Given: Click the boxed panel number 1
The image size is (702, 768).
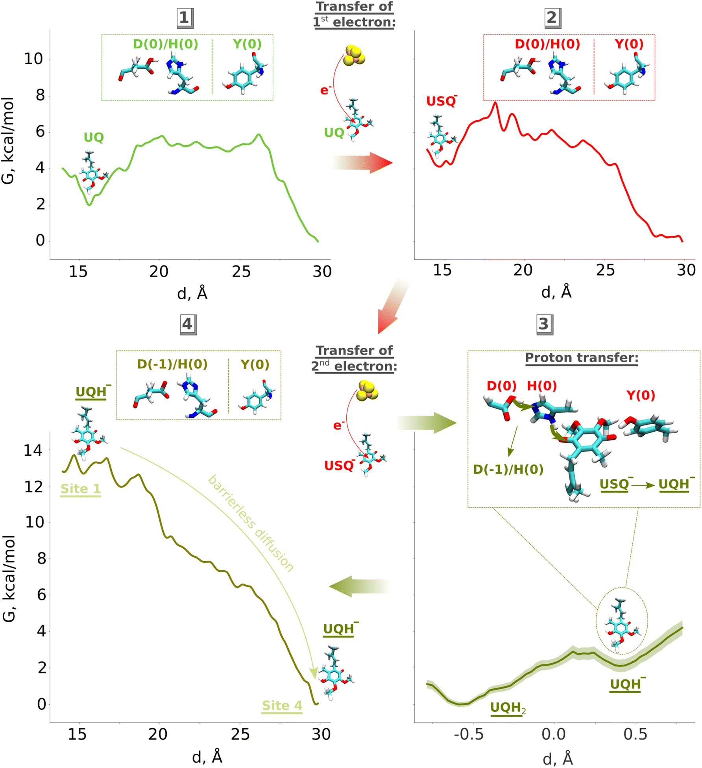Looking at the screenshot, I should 184,18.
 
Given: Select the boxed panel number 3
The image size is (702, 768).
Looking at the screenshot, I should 544,324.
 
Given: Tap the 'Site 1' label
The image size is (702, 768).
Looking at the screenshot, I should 80,489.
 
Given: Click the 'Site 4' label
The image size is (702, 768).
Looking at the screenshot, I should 282,705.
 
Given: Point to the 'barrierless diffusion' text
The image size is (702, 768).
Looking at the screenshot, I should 251,523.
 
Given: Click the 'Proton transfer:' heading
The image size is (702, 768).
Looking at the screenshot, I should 581,358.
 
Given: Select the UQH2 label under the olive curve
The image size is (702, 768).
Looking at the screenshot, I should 508,708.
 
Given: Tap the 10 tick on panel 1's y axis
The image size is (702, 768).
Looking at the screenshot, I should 33,59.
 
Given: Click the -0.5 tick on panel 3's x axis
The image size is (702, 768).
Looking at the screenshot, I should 469,735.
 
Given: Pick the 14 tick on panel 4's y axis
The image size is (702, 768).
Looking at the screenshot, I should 33,450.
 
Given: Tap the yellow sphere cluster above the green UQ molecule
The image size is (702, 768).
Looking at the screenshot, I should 354,55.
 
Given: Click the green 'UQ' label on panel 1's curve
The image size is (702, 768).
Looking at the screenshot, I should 94,137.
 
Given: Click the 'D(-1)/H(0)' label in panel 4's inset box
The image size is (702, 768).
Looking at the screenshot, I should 172,364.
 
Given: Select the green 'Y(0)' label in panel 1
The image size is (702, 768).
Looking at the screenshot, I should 247,44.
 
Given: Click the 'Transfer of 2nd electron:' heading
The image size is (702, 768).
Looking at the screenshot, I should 354,358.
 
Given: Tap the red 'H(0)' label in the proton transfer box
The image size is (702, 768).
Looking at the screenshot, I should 542,386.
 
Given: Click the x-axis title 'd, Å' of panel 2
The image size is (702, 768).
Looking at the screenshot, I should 556,292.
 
